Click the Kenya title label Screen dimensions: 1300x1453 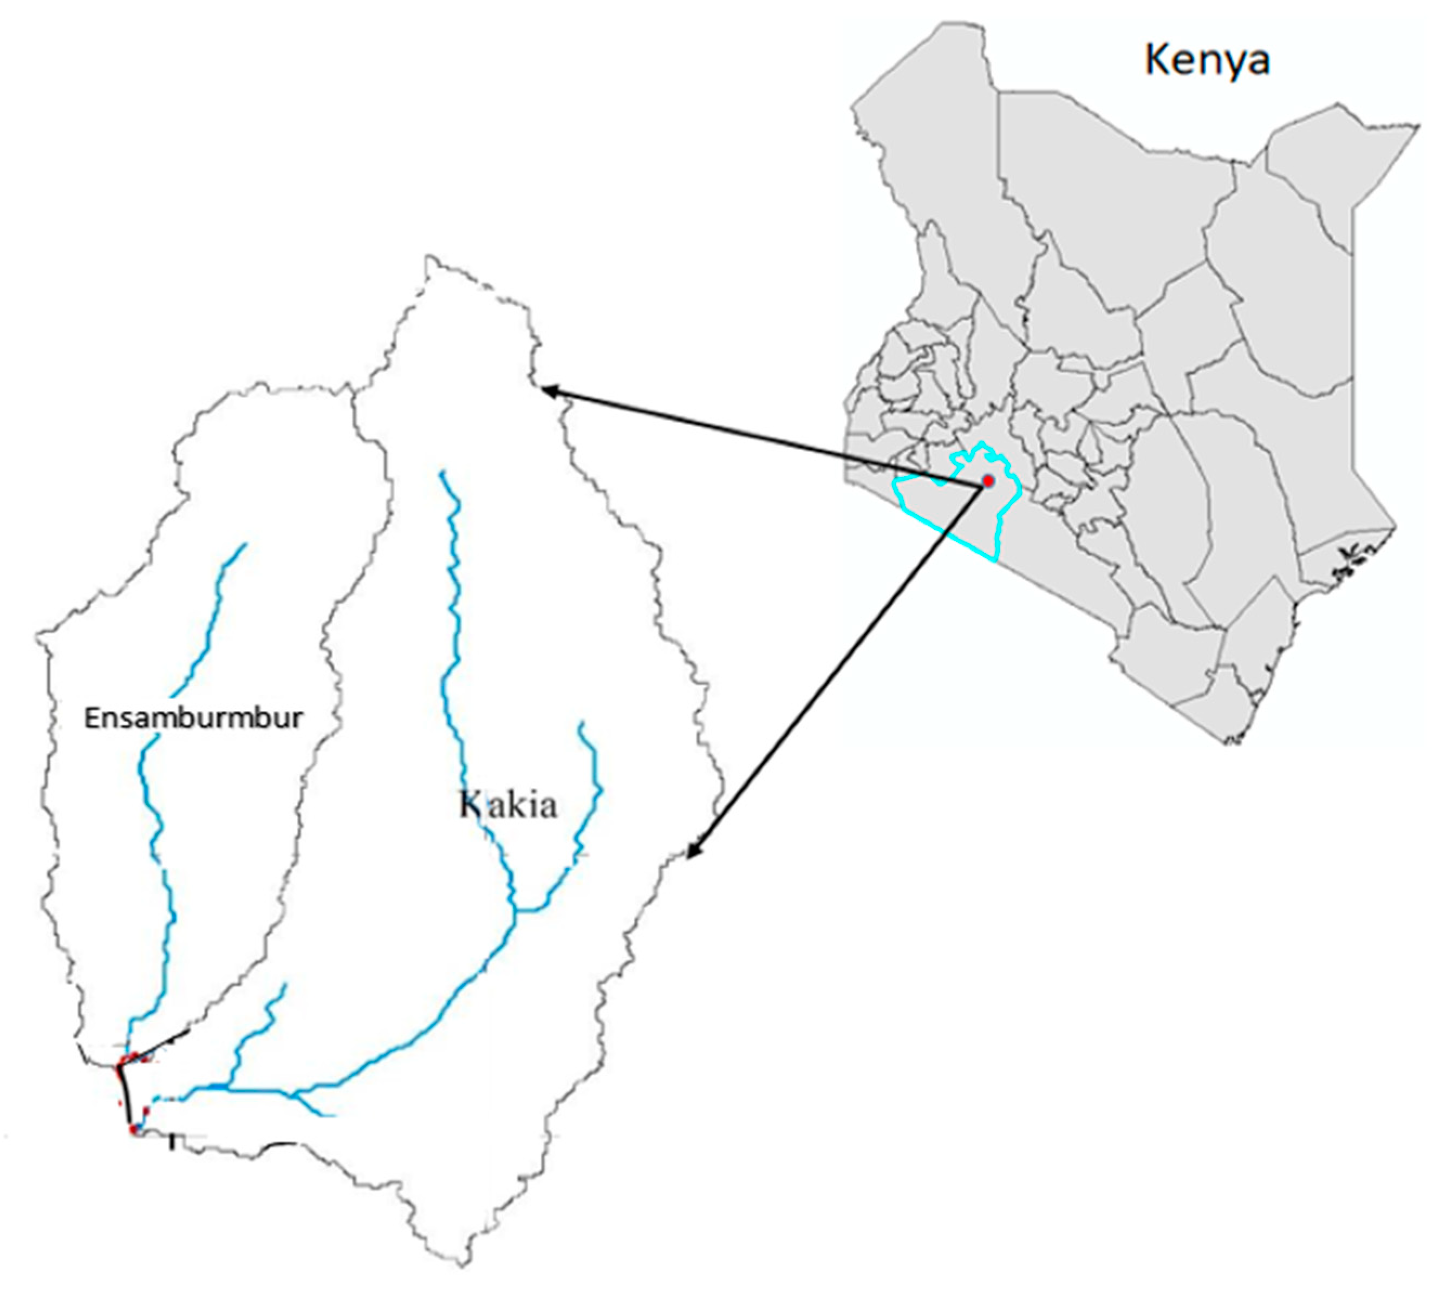(1207, 60)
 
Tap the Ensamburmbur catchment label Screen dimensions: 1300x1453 (193, 718)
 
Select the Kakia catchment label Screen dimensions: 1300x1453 (508, 805)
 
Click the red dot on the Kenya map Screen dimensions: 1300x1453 (988, 480)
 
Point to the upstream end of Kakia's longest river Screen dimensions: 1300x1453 (443, 472)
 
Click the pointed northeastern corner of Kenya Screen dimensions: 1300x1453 (1418, 127)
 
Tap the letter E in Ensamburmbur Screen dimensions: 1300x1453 (91, 718)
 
